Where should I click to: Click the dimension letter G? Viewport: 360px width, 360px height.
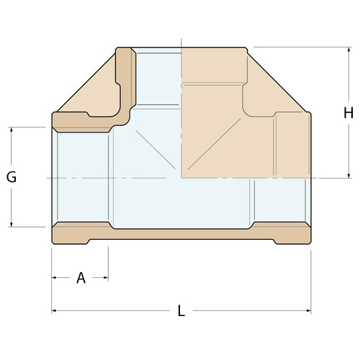tap(12, 177)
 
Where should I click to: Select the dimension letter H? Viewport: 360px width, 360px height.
tap(348, 112)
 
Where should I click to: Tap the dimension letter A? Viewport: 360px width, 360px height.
tap(81, 278)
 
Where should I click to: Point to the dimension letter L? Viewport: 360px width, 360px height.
tap(181, 312)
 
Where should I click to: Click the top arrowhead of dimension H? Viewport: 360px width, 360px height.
tap(348, 50)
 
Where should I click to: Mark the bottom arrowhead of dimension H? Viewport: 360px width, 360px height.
tap(348, 174)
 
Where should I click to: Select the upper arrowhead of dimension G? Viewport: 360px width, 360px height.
tap(12, 131)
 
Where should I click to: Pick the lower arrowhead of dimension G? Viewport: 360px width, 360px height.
tap(12, 223)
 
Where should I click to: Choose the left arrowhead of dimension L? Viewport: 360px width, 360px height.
tap(55, 311)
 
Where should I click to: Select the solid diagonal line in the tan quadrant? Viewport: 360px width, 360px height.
tap(216, 144)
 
